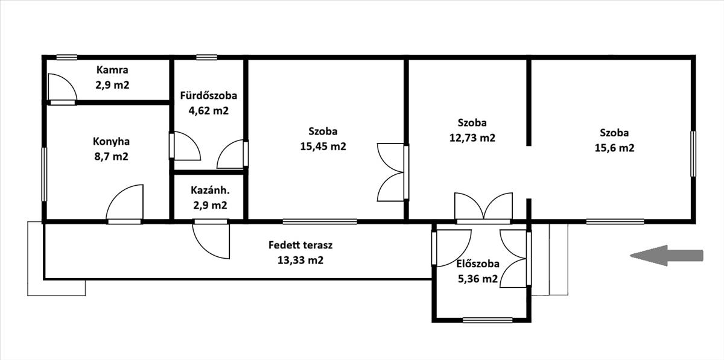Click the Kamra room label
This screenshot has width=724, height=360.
click(x=112, y=70)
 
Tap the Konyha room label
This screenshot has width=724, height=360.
click(x=111, y=142)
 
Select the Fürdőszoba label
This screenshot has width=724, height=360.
click(x=209, y=96)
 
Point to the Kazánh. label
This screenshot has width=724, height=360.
click(x=210, y=190)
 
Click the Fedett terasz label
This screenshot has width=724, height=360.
click(x=300, y=245)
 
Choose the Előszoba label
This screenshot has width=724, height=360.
click(x=478, y=264)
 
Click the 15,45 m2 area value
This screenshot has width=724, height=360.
click(x=323, y=147)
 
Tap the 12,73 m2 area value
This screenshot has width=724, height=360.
click(x=472, y=137)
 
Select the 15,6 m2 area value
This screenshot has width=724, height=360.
click(x=614, y=148)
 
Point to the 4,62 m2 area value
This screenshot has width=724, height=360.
click(x=209, y=110)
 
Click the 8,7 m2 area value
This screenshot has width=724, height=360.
click(x=111, y=156)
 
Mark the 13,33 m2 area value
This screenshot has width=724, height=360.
click(x=300, y=260)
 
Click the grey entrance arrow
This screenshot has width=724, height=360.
click(x=667, y=255)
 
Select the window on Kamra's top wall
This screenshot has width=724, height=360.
click(x=67, y=57)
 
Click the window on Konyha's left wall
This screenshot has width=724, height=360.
click(x=44, y=174)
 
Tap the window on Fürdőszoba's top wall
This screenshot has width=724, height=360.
click(x=206, y=57)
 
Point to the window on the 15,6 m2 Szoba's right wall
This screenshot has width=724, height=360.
click(x=693, y=154)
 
